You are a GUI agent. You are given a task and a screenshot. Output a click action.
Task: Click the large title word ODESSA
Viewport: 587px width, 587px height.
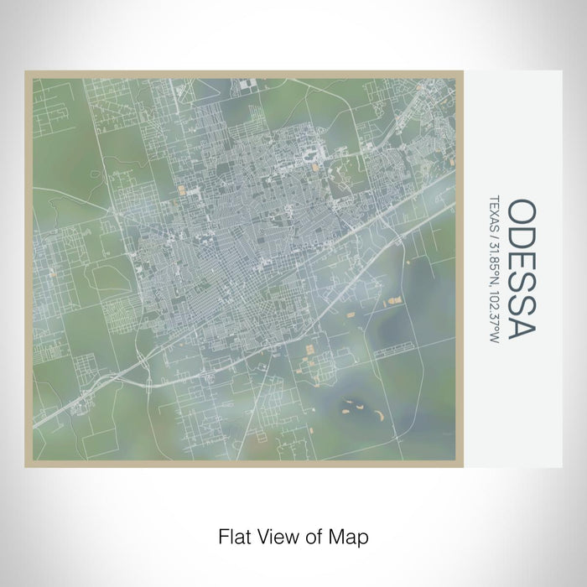(521, 268)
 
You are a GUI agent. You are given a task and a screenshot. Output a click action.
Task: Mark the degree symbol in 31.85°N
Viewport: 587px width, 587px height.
(495, 270)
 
